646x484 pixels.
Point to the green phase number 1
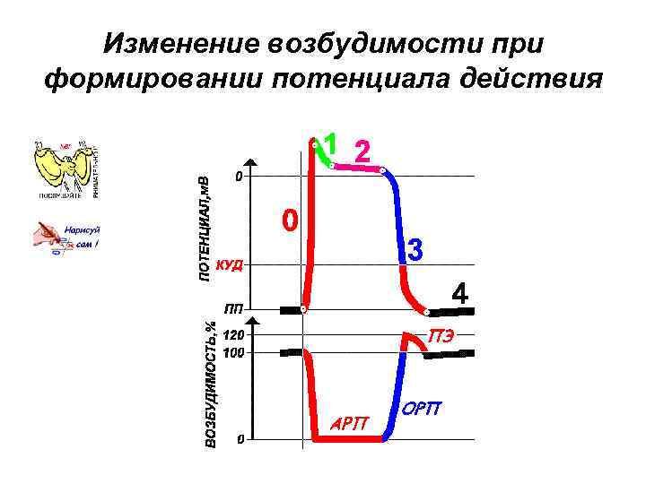pos(331,143)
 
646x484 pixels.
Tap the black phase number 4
pos(459,294)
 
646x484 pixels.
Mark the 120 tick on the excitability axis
pos(233,334)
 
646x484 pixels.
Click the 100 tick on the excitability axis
pos(233,353)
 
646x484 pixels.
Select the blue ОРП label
pos(421,409)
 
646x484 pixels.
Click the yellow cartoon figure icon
pos(64,169)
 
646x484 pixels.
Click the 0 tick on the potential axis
pos(238,177)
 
